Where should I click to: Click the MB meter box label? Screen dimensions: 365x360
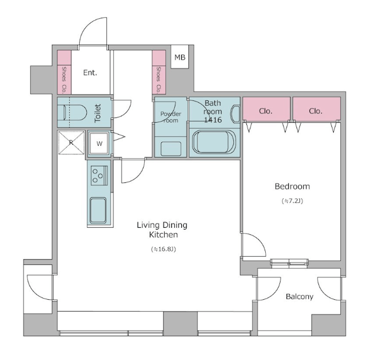(x=180, y=57)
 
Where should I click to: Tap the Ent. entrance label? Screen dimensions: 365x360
(x=90, y=73)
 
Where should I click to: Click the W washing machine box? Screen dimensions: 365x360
(x=99, y=143)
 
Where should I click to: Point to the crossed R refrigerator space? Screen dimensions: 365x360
(x=71, y=142)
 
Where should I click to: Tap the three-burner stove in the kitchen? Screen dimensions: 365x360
(x=99, y=175)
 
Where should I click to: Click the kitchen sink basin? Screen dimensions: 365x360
(x=98, y=211)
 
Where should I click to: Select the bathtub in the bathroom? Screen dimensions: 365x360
(x=214, y=142)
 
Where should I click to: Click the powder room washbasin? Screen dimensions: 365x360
(x=171, y=149)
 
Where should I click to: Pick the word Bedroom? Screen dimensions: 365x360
(x=292, y=186)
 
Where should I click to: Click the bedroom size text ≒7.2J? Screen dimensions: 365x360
(x=292, y=201)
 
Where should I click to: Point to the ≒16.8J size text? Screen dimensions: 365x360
(x=163, y=249)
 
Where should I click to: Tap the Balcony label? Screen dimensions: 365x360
(x=299, y=296)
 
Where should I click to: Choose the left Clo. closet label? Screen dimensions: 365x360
(x=265, y=111)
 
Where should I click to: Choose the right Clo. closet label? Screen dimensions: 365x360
(x=315, y=111)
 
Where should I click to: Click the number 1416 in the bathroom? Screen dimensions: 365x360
(x=213, y=120)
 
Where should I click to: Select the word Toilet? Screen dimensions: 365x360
(x=98, y=113)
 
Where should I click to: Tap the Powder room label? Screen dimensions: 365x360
(x=171, y=117)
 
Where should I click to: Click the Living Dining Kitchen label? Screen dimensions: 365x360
(x=162, y=230)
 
